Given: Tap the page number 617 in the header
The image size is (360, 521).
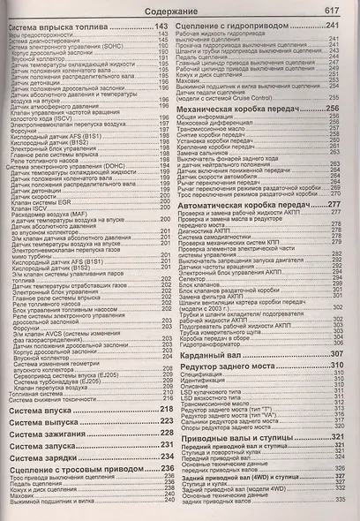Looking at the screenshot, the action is point(332,11).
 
